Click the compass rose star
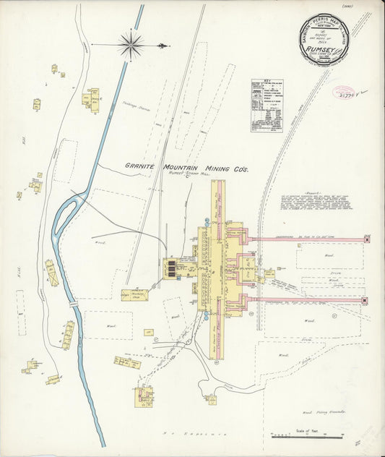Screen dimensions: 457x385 [131, 45]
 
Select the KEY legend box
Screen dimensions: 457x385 [267, 106]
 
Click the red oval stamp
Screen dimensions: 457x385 [343, 93]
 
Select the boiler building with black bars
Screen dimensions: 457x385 [172, 269]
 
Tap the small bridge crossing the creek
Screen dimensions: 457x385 [73, 304]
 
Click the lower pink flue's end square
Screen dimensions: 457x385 [364, 300]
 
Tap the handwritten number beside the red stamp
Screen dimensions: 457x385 [364, 92]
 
